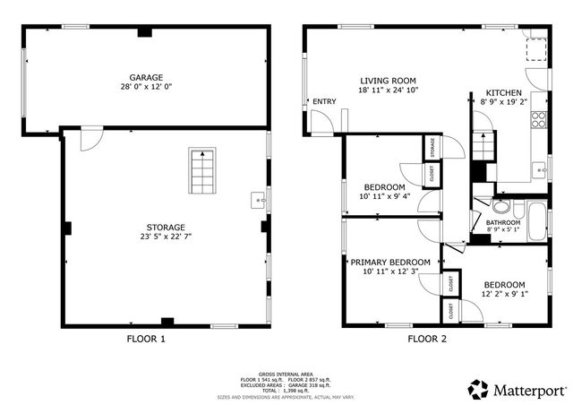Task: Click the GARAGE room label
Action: (146, 78)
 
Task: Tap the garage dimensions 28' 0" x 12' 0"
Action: (146, 89)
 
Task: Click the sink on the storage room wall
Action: (259, 199)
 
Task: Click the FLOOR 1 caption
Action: (146, 339)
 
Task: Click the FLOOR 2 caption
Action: (427, 339)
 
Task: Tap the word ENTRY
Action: (323, 101)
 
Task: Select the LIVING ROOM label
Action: (389, 79)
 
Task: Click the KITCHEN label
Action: (503, 93)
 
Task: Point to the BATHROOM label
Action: (503, 223)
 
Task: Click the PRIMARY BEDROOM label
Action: (389, 262)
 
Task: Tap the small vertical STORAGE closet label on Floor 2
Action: (432, 146)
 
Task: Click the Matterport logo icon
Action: (478, 389)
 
